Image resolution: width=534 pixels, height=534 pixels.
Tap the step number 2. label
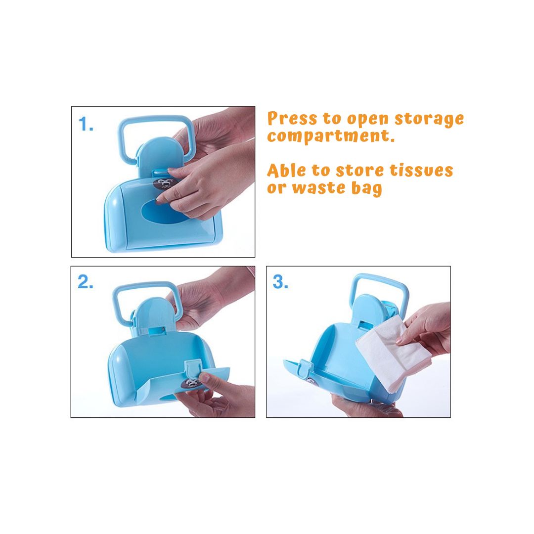click(x=86, y=283)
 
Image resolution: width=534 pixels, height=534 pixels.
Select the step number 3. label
click(x=280, y=283)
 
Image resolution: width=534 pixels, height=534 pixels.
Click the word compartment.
click(x=331, y=136)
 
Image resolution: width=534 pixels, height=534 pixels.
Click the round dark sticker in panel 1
click(x=163, y=185)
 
